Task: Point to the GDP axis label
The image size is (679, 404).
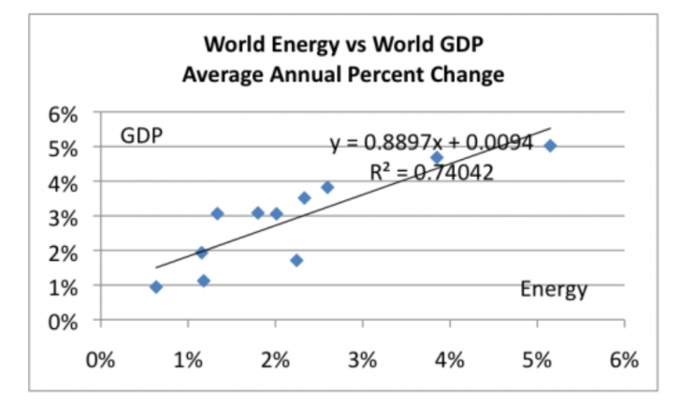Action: tap(141, 137)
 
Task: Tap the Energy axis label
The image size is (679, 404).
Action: tap(554, 290)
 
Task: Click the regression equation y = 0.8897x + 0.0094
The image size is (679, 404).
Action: tap(431, 143)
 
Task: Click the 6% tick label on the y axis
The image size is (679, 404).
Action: tap(62, 113)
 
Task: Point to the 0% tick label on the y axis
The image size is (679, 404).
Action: tap(62, 321)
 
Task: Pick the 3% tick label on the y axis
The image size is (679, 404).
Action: tap(62, 217)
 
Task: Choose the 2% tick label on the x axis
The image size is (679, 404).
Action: tap(275, 361)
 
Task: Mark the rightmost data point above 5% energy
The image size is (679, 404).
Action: tap(550, 146)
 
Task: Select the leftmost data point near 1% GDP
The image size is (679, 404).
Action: tap(156, 287)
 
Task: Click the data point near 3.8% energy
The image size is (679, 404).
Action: tap(436, 158)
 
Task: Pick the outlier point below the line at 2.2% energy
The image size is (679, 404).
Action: tap(296, 260)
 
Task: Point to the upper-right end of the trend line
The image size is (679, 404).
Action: tap(551, 129)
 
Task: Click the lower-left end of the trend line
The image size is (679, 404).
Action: tap(156, 267)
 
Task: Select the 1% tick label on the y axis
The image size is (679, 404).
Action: tap(62, 286)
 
